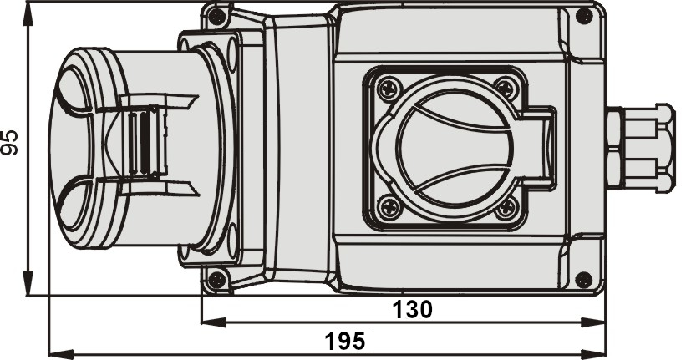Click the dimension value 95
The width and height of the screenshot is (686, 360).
point(10,143)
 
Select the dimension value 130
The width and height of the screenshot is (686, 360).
point(412,310)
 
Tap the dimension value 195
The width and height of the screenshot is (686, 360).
point(345,341)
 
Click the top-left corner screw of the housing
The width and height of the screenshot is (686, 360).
point(216,17)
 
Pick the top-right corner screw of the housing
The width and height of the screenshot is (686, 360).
point(584,17)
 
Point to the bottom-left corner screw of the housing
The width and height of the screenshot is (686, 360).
point(216,280)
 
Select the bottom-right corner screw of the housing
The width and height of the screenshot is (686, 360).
point(584,280)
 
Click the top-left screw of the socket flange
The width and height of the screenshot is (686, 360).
point(389,89)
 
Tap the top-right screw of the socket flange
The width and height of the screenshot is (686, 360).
point(506,89)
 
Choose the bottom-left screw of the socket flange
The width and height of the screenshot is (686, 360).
point(389,207)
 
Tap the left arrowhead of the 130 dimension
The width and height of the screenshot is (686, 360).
point(214,322)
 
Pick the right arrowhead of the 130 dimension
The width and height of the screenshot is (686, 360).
point(593,322)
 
